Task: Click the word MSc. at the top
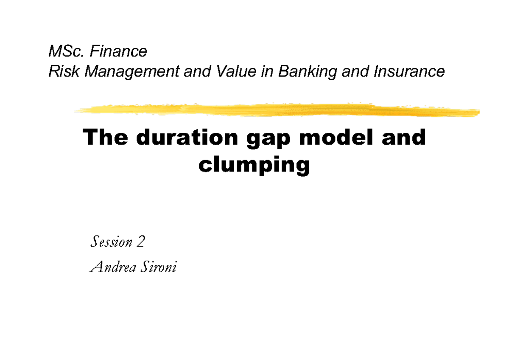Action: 63,52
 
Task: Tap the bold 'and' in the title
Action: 406,138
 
